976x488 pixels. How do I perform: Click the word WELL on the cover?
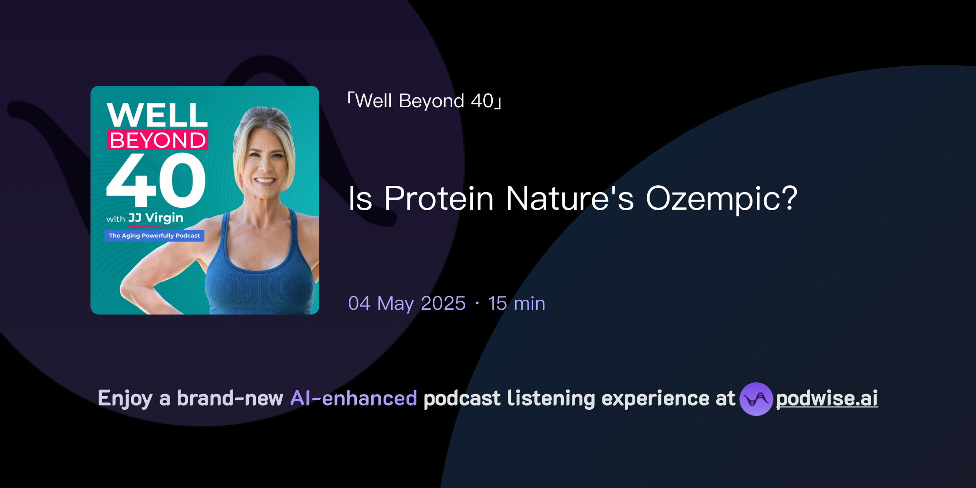click(x=157, y=115)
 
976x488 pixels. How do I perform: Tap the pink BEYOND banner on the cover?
click(x=158, y=141)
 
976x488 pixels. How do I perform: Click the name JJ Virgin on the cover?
click(x=156, y=218)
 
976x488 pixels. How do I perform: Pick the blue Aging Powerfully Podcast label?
click(x=154, y=235)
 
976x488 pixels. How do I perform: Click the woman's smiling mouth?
click(x=265, y=181)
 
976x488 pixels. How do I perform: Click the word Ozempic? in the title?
click(x=722, y=199)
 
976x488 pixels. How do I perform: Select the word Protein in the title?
click(x=439, y=198)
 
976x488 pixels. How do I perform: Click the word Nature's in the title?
click(x=569, y=198)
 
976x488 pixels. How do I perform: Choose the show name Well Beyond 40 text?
click(x=424, y=101)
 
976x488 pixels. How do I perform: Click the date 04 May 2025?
click(x=407, y=304)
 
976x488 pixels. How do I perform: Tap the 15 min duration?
click(x=517, y=304)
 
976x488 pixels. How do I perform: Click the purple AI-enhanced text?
click(x=354, y=398)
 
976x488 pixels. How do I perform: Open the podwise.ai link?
click(x=827, y=398)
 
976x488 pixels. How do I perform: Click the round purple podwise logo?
click(x=756, y=399)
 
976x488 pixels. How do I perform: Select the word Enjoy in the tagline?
click(x=125, y=398)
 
